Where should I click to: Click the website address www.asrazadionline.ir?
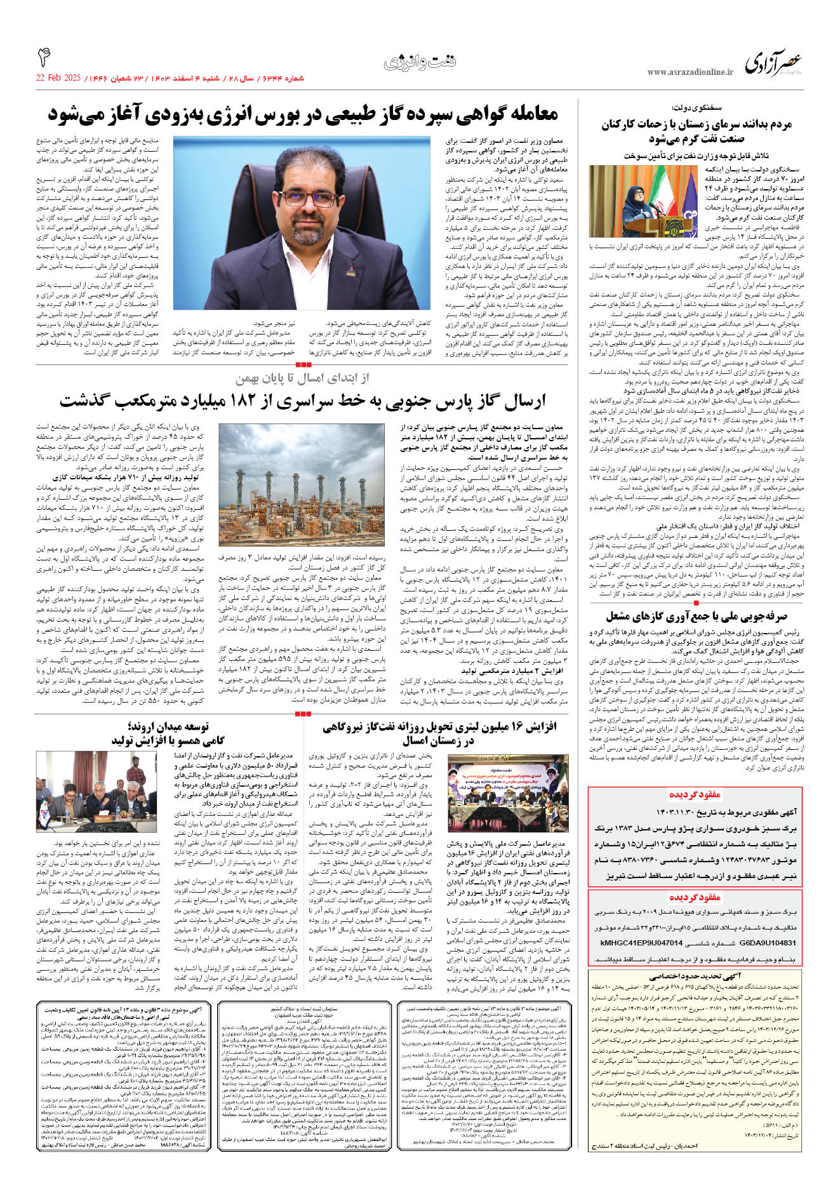click(x=690, y=72)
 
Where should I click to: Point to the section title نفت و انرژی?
click(x=420, y=63)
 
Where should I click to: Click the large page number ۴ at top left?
click(x=44, y=57)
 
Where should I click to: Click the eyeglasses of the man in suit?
click(x=309, y=198)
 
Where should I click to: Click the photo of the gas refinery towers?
click(x=301, y=484)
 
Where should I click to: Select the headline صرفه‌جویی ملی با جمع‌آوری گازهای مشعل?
click(x=696, y=616)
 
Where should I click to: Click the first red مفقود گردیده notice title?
click(x=695, y=794)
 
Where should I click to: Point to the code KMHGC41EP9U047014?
click(x=641, y=943)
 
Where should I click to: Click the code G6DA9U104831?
click(x=768, y=943)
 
